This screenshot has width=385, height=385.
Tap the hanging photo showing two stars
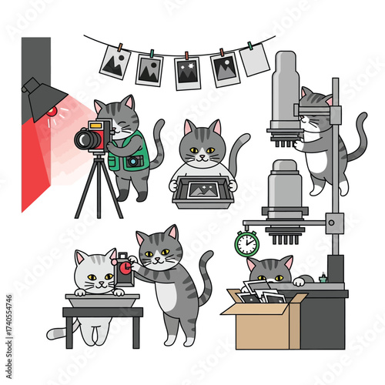pos(187,72)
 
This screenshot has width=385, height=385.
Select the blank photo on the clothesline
pos(255,60)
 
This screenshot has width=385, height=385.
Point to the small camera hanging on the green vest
pos(134,161)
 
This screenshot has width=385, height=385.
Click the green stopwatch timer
pos(246,243)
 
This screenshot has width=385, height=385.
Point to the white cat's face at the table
pos(96,274)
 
